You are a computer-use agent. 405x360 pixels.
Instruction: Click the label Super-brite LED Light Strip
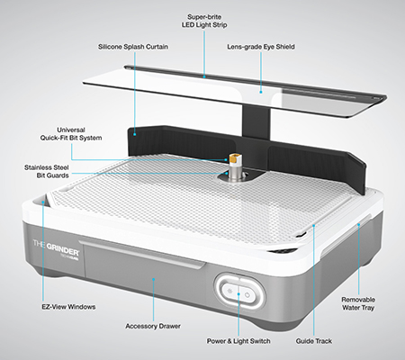click(x=204, y=21)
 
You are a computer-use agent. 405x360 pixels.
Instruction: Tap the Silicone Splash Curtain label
click(x=133, y=47)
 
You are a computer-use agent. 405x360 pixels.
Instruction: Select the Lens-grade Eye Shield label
click(x=261, y=47)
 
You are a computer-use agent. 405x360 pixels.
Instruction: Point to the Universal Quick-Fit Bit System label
click(x=71, y=134)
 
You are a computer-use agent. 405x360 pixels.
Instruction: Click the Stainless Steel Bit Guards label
click(x=47, y=171)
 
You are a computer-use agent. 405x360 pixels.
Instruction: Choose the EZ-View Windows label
click(x=68, y=307)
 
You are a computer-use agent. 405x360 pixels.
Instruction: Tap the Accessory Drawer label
click(x=153, y=326)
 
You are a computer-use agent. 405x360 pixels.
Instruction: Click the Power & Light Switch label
click(x=238, y=341)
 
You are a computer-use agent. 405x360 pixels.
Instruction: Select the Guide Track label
click(x=314, y=341)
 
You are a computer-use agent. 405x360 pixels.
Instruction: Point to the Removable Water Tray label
click(x=358, y=303)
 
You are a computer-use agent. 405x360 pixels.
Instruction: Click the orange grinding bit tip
click(x=234, y=157)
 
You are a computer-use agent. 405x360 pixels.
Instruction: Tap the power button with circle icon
click(x=247, y=294)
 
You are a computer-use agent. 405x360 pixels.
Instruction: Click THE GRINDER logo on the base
click(x=56, y=245)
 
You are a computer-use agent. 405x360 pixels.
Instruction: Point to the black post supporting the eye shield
click(x=256, y=124)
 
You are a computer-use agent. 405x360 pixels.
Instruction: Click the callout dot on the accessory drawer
click(x=153, y=279)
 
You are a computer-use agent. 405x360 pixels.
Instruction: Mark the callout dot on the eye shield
click(x=261, y=92)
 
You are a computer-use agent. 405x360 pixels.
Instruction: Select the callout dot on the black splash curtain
click(x=135, y=134)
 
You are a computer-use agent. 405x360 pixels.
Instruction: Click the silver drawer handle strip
click(x=142, y=253)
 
